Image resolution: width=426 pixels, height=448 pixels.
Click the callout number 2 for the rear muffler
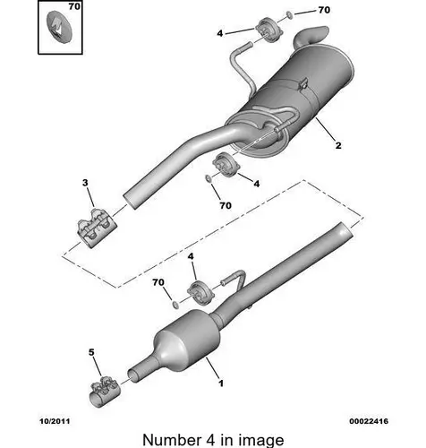pyautogui.click(x=338, y=145)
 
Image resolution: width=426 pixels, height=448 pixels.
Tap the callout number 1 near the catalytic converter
pyautogui.click(x=221, y=383)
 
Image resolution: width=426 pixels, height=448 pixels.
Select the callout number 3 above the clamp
pyautogui.click(x=85, y=183)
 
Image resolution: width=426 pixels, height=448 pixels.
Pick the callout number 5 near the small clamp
pyautogui.click(x=91, y=352)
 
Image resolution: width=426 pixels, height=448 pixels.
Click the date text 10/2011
pyautogui.click(x=55, y=421)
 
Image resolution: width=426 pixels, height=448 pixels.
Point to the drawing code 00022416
pyautogui.click(x=369, y=421)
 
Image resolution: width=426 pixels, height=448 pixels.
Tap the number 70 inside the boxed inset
pyautogui.click(x=74, y=6)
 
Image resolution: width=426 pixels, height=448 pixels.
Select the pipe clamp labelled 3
pyautogui.click(x=96, y=228)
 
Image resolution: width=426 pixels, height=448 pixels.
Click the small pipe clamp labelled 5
pyautogui.click(x=105, y=392)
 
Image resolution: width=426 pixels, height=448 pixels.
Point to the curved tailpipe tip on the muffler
pyautogui.click(x=311, y=36)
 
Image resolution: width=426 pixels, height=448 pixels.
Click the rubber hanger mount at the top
pyautogui.click(x=268, y=30)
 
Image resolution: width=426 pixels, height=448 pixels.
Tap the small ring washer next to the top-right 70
pyautogui.click(x=289, y=14)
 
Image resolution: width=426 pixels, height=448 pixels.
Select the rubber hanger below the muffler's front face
pyautogui.click(x=226, y=165)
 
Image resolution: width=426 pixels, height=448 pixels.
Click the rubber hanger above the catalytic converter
pyautogui.click(x=200, y=293)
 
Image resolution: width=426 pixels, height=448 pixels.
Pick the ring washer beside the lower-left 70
pyautogui.click(x=176, y=305)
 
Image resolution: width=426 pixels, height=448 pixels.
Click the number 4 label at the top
pyautogui.click(x=220, y=33)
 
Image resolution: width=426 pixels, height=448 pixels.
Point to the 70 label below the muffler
pyautogui.click(x=226, y=205)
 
